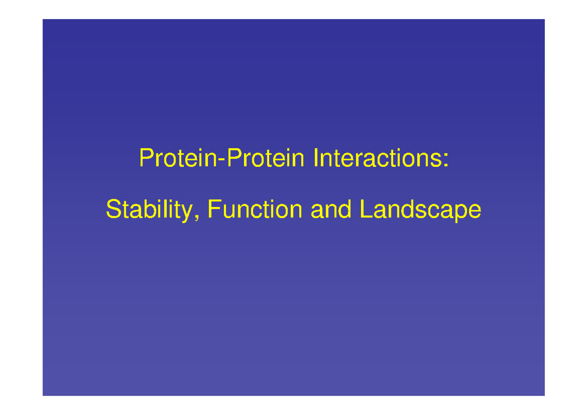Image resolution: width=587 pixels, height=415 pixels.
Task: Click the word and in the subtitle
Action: tap(331, 210)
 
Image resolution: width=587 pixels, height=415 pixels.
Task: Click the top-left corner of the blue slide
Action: tap(43, 20)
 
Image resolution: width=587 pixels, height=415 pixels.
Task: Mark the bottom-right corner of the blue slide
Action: tap(544, 395)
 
